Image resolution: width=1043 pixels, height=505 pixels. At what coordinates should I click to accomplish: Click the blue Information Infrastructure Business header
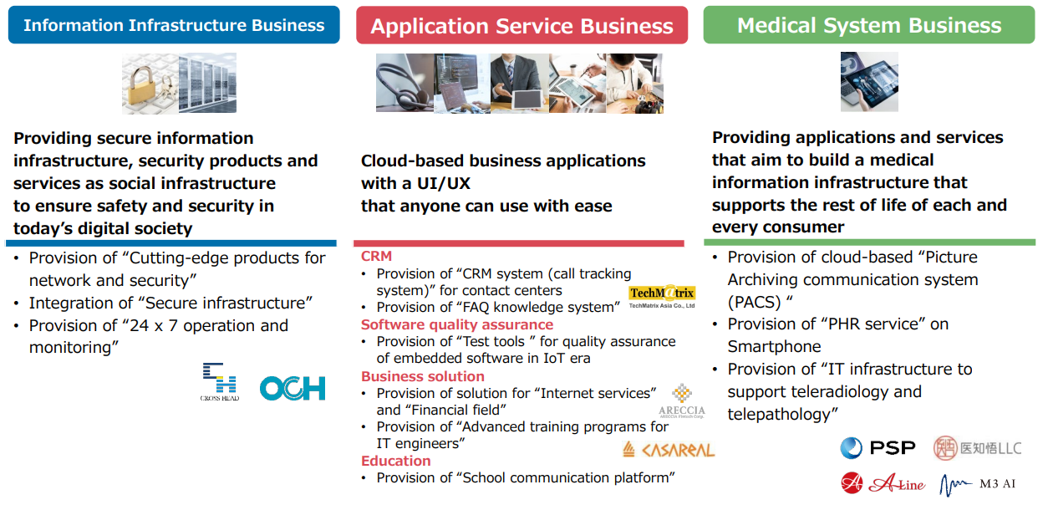[174, 25]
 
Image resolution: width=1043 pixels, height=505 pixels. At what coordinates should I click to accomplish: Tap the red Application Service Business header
[521, 25]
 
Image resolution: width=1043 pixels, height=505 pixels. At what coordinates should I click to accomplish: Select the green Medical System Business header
[869, 25]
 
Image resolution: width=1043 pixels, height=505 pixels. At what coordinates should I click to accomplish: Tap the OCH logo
[293, 388]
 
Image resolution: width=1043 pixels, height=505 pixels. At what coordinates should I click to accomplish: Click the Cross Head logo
[220, 381]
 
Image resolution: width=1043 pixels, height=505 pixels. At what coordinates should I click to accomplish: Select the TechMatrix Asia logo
[662, 297]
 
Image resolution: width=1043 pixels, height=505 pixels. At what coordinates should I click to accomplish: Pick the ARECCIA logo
[682, 401]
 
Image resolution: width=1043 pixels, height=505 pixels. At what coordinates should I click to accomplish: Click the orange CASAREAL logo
[669, 450]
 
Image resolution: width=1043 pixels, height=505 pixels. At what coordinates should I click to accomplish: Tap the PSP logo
[878, 447]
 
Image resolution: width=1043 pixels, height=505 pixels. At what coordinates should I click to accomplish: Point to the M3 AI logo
[977, 484]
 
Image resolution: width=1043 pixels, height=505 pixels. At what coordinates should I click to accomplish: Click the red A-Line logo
[883, 483]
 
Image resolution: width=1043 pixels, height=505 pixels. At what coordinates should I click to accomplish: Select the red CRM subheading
[376, 256]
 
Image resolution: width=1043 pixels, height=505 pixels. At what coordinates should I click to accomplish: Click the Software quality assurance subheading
[457, 324]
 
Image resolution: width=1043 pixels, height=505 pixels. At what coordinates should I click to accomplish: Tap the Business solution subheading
[423, 376]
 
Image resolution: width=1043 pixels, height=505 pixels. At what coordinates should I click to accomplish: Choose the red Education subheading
[396, 461]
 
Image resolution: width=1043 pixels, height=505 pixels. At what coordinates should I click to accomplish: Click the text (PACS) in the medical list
[754, 303]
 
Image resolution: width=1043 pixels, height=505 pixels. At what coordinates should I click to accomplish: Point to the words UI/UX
[443, 184]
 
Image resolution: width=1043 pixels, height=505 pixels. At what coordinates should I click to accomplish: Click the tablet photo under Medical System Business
[869, 82]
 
